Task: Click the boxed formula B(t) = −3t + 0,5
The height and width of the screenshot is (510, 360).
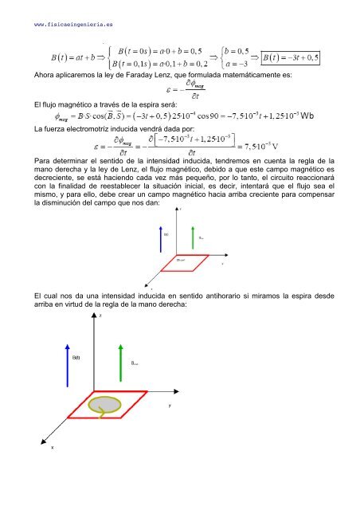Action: pyautogui.click(x=291, y=57)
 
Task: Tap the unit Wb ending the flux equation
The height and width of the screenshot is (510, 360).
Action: pyautogui.click(x=307, y=116)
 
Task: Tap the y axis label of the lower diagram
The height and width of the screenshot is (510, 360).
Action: pyautogui.click(x=169, y=405)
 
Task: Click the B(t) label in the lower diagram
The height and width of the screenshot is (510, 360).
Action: pyautogui.click(x=76, y=358)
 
